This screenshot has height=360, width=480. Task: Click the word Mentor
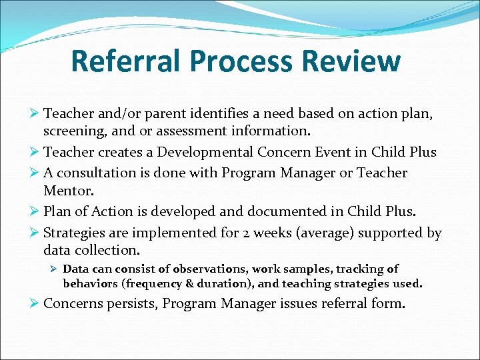click(x=65, y=190)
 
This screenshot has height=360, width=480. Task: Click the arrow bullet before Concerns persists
click(x=36, y=304)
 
